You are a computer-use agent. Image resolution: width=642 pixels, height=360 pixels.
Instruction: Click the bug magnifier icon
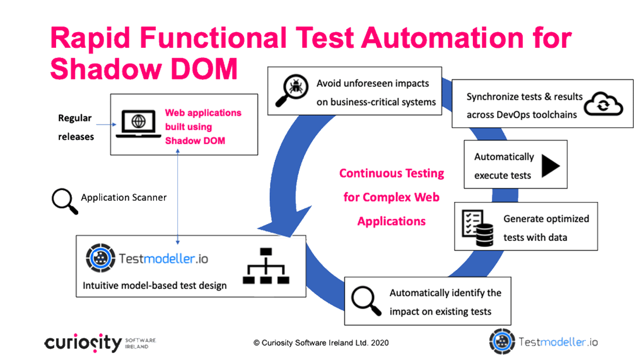(x=291, y=90)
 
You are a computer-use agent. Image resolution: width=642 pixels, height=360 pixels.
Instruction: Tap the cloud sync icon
(x=603, y=104)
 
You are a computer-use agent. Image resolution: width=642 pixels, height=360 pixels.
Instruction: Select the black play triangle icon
(x=551, y=166)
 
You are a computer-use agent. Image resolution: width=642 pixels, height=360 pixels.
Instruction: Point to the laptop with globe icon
(x=138, y=124)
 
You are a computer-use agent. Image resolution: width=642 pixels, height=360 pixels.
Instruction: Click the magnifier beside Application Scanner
(x=65, y=201)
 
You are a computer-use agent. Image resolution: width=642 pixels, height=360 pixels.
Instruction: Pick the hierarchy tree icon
(x=266, y=266)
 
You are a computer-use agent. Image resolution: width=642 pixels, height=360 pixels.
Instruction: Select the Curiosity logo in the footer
(x=100, y=343)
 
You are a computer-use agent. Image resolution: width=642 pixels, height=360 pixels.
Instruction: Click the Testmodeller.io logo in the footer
(x=543, y=341)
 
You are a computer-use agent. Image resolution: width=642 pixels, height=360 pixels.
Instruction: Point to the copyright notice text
(x=321, y=343)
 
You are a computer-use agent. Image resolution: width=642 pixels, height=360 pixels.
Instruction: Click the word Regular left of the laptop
(x=75, y=118)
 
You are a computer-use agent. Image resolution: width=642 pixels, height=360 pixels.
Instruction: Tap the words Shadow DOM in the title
(x=144, y=68)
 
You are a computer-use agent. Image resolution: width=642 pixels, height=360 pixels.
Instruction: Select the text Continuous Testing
(x=392, y=173)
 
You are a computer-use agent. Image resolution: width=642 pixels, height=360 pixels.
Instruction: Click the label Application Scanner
(x=124, y=198)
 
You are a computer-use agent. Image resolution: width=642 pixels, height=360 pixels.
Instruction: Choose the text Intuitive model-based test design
(x=154, y=285)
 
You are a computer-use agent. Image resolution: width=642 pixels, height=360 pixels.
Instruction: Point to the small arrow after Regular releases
(x=106, y=124)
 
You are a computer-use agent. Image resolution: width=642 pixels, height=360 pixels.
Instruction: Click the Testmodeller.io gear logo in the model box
(x=100, y=258)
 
